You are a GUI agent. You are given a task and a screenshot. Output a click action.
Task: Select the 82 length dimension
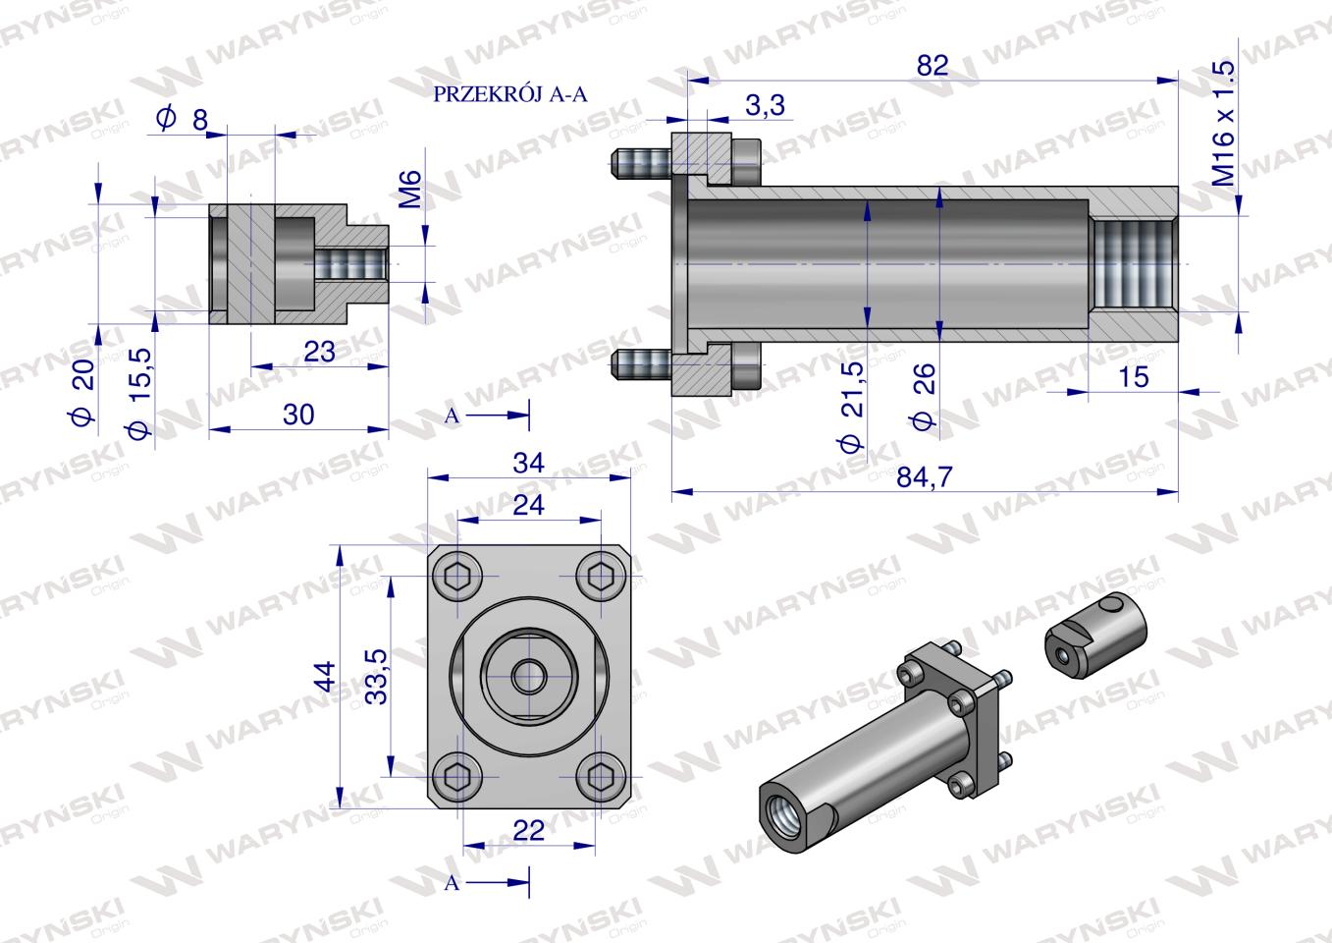[x=932, y=65]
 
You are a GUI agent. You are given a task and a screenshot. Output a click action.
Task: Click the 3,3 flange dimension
[x=765, y=106]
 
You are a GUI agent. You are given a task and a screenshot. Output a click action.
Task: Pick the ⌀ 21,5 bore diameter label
[x=852, y=406]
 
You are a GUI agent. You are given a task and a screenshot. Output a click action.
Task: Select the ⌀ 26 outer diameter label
[x=923, y=394]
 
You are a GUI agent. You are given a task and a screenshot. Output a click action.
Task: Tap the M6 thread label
[x=411, y=189]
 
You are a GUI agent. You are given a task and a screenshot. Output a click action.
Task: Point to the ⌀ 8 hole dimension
[x=184, y=120]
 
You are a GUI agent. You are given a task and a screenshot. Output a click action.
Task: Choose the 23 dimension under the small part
[x=320, y=351]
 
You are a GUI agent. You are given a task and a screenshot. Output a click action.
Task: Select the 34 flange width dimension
[x=528, y=462]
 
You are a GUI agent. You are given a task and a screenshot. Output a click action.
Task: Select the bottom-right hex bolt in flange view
[x=599, y=776]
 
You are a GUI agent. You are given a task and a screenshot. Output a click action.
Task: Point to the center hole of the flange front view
[x=530, y=676]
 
